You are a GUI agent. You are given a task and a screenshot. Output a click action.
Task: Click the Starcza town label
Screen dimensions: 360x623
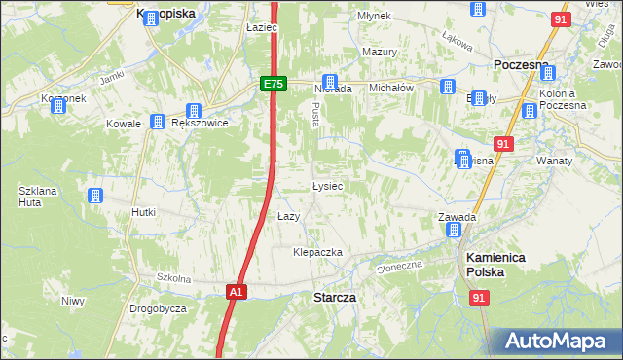point(334,296)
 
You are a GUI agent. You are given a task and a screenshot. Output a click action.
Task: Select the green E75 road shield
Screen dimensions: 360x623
point(273,85)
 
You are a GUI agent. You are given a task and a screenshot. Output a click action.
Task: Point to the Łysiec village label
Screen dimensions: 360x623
point(327,185)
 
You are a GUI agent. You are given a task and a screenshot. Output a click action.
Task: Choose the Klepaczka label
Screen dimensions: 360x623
point(318,252)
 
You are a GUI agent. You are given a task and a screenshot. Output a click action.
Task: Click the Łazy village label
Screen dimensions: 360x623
point(288,215)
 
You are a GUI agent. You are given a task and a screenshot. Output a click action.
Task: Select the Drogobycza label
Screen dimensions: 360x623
point(158,308)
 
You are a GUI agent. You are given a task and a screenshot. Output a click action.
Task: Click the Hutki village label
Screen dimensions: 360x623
point(144,211)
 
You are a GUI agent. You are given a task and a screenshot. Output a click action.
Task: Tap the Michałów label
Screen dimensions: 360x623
point(392,87)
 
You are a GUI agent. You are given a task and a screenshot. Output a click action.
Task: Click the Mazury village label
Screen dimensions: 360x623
point(380,52)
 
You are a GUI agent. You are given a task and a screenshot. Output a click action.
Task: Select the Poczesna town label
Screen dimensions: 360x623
point(522,63)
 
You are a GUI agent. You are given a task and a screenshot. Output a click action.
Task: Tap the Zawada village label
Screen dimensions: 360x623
point(456,217)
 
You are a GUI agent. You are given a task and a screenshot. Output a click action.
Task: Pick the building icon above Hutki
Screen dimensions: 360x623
point(95,196)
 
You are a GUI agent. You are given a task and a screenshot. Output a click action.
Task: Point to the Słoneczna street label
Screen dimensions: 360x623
point(400,266)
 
